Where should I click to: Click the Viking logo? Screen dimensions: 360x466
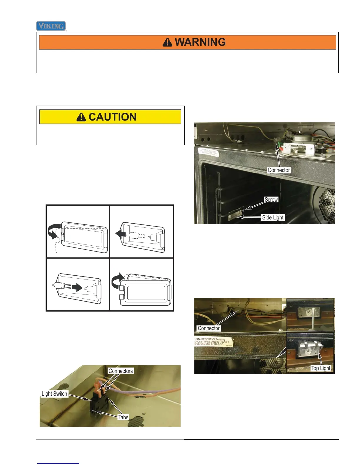pyautogui.click(x=51, y=26)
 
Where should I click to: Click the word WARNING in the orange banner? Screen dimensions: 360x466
pyautogui.click(x=200, y=42)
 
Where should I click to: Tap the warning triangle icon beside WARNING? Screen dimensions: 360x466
pyautogui.click(x=167, y=42)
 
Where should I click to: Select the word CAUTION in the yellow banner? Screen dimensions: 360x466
pyautogui.click(x=112, y=117)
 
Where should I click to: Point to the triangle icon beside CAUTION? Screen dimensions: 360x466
pyautogui.click(x=81, y=117)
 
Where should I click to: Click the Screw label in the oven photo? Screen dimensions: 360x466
pyautogui.click(x=271, y=200)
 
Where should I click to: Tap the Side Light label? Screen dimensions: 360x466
pyautogui.click(x=273, y=217)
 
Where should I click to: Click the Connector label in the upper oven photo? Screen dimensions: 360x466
pyautogui.click(x=279, y=170)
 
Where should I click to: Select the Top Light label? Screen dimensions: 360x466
pyautogui.click(x=321, y=368)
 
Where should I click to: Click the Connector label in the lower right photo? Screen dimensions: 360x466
pyautogui.click(x=209, y=328)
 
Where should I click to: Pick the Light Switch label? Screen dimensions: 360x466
pyautogui.click(x=54, y=394)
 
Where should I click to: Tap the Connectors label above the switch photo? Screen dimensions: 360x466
pyautogui.click(x=121, y=371)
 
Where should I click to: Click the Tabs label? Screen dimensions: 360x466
pyautogui.click(x=123, y=417)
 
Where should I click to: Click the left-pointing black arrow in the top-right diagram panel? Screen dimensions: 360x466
pyautogui.click(x=121, y=234)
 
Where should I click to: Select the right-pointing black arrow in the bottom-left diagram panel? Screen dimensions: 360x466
pyautogui.click(x=77, y=287)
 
